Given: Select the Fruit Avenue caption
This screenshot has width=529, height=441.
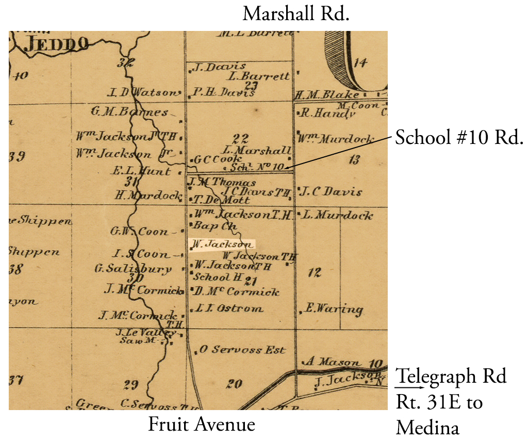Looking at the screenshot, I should pyautogui.click(x=202, y=424).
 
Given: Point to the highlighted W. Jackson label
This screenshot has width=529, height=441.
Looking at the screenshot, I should pyautogui.click(x=222, y=244).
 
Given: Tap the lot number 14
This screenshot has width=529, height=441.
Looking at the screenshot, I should pyautogui.click(x=360, y=63).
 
